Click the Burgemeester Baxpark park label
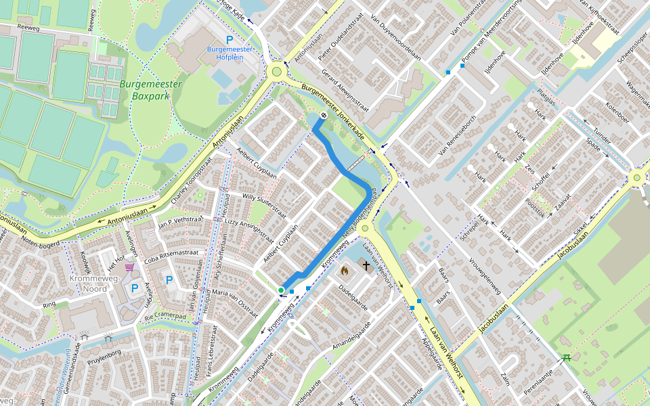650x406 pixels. [x=150, y=91]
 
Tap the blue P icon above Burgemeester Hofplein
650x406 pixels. [x=230, y=40]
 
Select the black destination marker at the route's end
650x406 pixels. [x=324, y=115]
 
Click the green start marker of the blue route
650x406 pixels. [x=281, y=290]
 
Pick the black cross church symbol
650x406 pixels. [x=366, y=266]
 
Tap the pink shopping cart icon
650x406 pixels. [x=129, y=269]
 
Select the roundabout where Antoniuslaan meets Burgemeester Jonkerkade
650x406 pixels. [x=276, y=72]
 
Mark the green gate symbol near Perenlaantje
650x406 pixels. [x=567, y=357]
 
